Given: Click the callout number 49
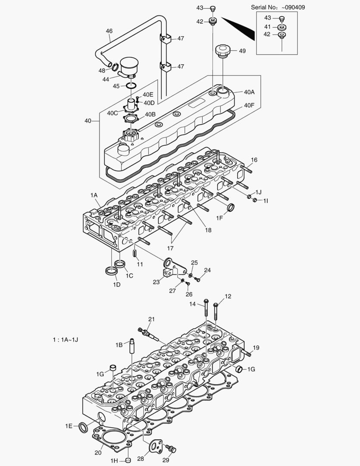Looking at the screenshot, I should [x=242, y=51].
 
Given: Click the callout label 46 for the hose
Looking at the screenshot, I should [x=109, y=31].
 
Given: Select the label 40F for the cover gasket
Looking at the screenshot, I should [x=249, y=105].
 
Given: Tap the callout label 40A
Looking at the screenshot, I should [x=249, y=92].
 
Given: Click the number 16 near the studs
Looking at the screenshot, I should [x=254, y=160].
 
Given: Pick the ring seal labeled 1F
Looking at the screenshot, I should [x=231, y=208].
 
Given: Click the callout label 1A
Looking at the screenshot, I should [x=94, y=195].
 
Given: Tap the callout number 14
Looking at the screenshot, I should [x=193, y=304].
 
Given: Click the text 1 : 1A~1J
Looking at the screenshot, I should [x=65, y=340].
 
